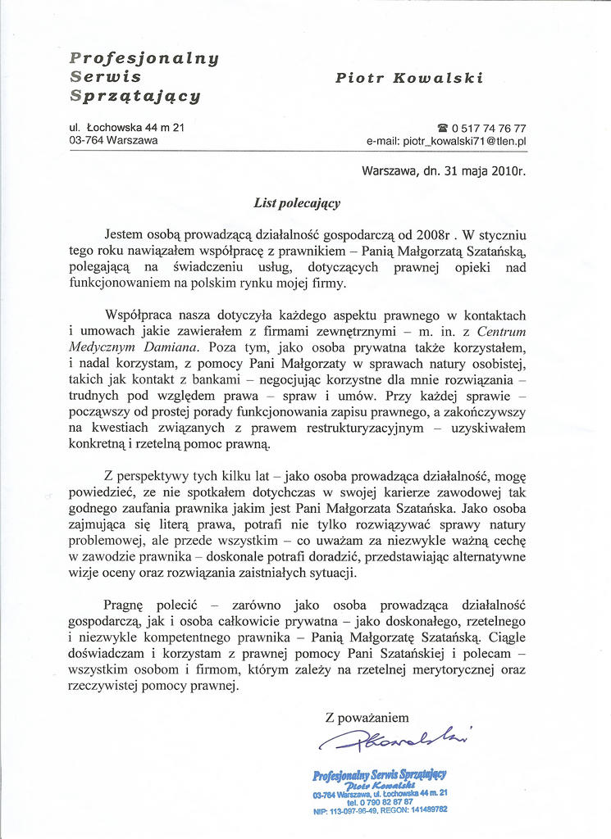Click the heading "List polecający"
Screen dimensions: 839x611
pyautogui.click(x=297, y=202)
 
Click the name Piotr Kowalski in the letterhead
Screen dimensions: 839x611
pyautogui.click(x=408, y=78)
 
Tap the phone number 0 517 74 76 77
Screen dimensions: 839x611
pyautogui.click(x=489, y=129)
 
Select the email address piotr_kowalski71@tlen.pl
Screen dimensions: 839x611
pyautogui.click(x=446, y=142)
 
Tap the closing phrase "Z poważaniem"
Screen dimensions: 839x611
pyautogui.click(x=367, y=718)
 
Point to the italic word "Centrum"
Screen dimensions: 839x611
pyautogui.click(x=501, y=331)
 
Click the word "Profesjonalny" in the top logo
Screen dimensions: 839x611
pyautogui.click(x=144, y=58)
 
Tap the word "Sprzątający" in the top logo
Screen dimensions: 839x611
pyautogui.click(x=135, y=95)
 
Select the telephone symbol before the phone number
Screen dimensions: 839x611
pyautogui.click(x=443, y=129)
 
